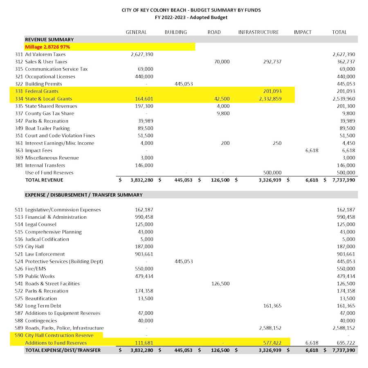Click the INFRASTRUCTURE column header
pyautogui.click(x=258, y=32)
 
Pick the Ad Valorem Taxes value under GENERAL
pyautogui.click(x=142, y=54)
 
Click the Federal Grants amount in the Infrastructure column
pyautogui.click(x=270, y=91)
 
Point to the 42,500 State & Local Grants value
pyautogui.click(x=222, y=99)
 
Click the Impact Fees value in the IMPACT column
pyautogui.click(x=312, y=150)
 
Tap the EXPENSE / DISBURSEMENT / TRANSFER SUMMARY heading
pyautogui.click(x=84, y=195)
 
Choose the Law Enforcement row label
pyautogui.click(x=45, y=254)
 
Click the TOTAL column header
pyautogui.click(x=339, y=32)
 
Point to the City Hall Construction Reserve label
pyautogui.click(x=59, y=335)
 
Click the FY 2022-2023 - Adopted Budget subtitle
pyautogui.click(x=191, y=17)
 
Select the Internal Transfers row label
pyautogui.click(x=45, y=165)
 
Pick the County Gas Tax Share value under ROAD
pyautogui.click(x=224, y=114)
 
